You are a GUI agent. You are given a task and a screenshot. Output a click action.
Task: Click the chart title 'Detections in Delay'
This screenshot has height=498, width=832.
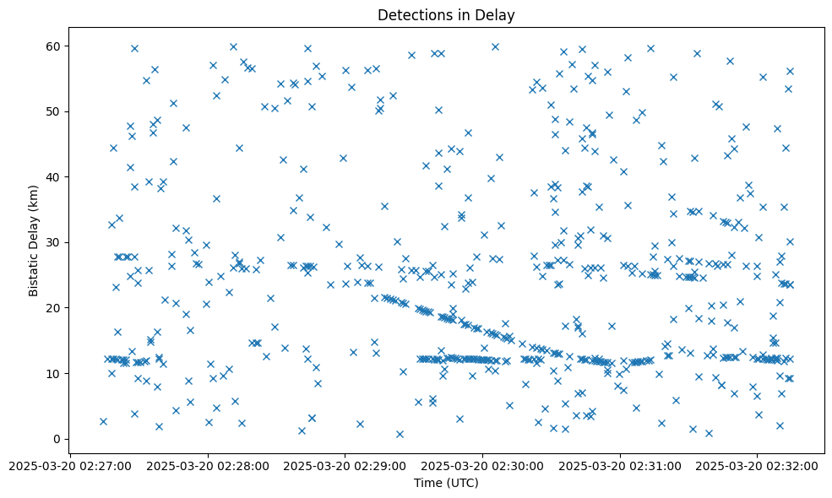click(446, 14)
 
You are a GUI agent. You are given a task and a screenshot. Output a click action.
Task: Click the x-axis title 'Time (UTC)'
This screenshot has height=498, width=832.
click(446, 483)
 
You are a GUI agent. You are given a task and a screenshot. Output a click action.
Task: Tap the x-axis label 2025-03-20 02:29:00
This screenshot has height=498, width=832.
click(345, 465)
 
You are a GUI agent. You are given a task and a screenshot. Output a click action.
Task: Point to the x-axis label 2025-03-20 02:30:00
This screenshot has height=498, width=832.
click(482, 465)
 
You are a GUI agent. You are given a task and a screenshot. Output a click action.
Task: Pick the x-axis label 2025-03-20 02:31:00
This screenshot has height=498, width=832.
click(620, 465)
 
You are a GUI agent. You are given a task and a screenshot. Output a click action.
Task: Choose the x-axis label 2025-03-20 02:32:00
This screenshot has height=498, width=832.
click(758, 465)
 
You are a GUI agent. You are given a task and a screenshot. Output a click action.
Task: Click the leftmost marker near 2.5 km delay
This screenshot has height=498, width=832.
click(103, 421)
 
